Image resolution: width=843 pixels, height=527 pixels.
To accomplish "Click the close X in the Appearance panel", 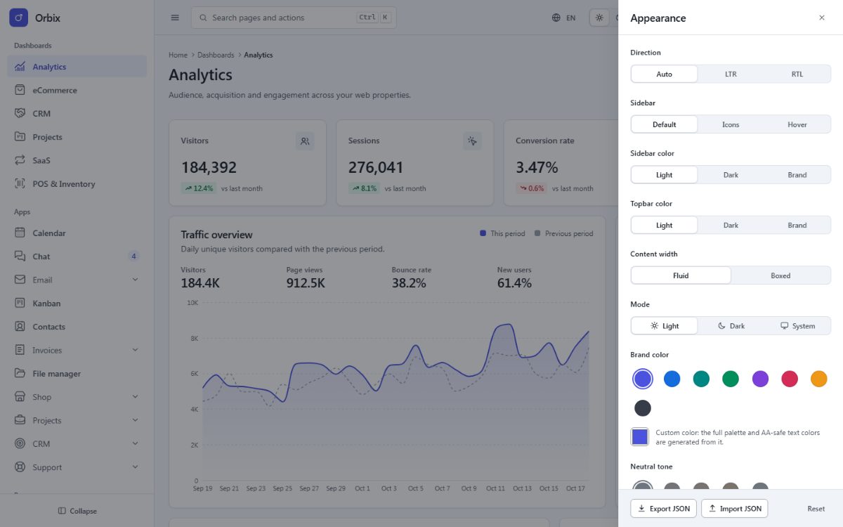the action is pos(821,18).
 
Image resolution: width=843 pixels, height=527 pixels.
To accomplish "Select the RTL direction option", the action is pos(797,74).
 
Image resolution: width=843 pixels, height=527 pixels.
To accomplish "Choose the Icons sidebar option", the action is pos(731,124).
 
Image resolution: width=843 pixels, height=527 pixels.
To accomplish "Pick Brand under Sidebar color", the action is pos(797,175).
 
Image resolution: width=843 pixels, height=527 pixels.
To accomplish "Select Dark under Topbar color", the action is pos(731,225).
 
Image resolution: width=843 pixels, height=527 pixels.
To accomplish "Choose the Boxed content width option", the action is pos(780,275).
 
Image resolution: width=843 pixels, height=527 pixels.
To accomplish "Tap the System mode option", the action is pos(797,326).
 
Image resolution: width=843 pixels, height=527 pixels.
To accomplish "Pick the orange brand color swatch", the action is pos(818,379).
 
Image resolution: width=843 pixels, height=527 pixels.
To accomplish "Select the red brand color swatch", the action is pos(789,379).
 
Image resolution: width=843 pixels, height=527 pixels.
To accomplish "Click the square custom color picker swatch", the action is pos(640,437).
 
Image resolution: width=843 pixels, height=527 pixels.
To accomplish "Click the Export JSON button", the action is pos(663,509).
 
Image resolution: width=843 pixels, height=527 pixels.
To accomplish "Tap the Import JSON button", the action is pos(734,509).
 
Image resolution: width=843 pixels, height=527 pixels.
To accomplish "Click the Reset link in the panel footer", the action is pos(816,509).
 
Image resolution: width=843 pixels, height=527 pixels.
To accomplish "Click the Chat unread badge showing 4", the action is pos(133,256).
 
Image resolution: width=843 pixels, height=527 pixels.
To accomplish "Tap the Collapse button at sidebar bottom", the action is pos(77,511).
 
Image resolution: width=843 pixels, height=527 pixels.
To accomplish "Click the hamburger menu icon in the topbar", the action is pos(175,18).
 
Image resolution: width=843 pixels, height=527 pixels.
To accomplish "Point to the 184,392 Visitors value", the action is pos(209,167).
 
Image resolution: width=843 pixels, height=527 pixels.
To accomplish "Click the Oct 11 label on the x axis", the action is pos(495,488).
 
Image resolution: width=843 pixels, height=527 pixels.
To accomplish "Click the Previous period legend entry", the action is pos(563,233).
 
